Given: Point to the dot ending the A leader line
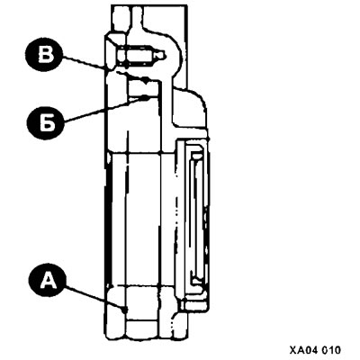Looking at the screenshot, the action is [124, 309].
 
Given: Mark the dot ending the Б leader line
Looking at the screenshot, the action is [145, 97].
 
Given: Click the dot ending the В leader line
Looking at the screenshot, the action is [146, 80].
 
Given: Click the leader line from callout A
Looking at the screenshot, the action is [94, 298].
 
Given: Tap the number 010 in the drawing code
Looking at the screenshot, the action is [332, 350].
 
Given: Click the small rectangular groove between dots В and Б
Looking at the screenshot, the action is [143, 89].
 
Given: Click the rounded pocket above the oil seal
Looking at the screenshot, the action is [189, 108].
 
